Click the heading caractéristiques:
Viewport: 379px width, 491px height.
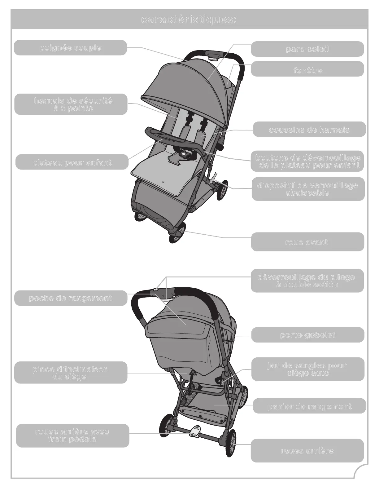(189, 20)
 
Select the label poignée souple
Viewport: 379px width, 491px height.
(70, 48)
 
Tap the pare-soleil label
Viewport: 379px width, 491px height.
(307, 49)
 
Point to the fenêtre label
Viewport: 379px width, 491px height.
(307, 70)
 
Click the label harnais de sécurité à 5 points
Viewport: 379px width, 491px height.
(71, 104)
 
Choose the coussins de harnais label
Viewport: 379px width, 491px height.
(309, 130)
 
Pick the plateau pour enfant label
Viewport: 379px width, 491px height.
(72, 162)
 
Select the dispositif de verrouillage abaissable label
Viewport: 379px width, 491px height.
(307, 189)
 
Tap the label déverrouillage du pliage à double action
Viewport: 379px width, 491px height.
(307, 281)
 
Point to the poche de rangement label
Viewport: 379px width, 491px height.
(71, 298)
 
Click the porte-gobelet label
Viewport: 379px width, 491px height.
(307, 335)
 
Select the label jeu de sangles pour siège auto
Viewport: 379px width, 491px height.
(307, 369)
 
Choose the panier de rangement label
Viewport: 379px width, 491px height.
(309, 406)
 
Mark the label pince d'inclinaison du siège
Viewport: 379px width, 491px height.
(71, 373)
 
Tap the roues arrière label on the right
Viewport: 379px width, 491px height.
(307, 451)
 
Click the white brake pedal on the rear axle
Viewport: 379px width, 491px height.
(195, 431)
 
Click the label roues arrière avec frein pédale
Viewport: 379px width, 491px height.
(72, 436)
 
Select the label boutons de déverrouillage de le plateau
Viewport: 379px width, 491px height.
(307, 161)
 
